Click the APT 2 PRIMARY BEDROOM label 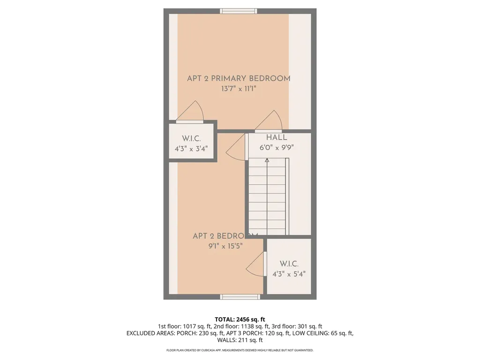point(239,78)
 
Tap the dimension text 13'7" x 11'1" point(239,89)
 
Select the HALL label point(277,138)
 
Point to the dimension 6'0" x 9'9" point(277,147)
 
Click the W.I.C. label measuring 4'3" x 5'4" point(289,264)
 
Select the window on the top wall point(239,11)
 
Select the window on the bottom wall point(240,297)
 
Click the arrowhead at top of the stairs point(267,160)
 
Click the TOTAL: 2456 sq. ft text point(240,319)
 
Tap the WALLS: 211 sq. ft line point(240,340)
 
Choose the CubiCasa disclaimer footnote point(240,350)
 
